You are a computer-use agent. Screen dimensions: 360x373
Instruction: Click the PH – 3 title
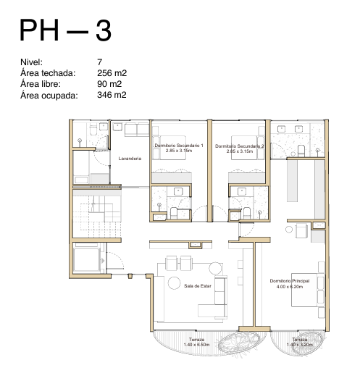(x=65, y=30)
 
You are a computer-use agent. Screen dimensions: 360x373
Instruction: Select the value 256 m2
(x=112, y=73)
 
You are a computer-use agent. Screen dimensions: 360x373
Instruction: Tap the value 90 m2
(x=109, y=84)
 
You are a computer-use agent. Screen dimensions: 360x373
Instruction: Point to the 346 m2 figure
(x=112, y=95)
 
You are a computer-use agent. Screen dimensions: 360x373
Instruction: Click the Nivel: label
(x=31, y=62)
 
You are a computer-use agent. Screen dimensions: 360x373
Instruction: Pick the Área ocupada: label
(x=49, y=95)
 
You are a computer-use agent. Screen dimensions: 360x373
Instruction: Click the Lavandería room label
(x=130, y=159)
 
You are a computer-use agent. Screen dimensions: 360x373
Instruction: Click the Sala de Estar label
(x=198, y=286)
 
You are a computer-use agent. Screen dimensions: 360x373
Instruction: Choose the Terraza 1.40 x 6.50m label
(x=196, y=342)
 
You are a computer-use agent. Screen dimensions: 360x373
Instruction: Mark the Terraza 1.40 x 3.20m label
(x=300, y=342)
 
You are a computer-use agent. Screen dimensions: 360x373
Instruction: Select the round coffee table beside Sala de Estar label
(x=174, y=283)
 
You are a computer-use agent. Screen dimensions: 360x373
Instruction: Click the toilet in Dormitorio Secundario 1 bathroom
(x=174, y=213)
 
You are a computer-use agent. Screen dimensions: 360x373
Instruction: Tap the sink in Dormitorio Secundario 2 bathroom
(x=242, y=191)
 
